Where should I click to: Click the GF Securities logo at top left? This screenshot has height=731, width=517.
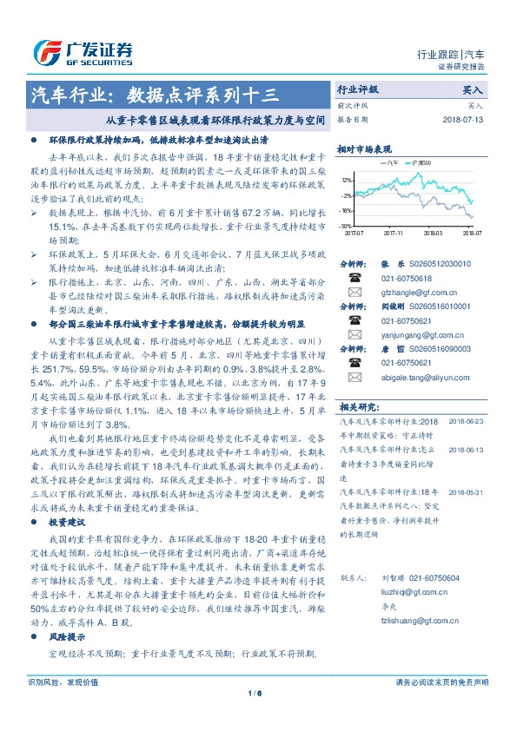[83, 50]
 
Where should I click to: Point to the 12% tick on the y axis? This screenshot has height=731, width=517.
[347, 181]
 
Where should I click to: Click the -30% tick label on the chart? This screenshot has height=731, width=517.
[347, 226]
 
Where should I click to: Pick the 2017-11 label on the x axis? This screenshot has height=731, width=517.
[394, 233]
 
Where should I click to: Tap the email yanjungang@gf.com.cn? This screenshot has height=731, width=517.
[408, 335]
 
